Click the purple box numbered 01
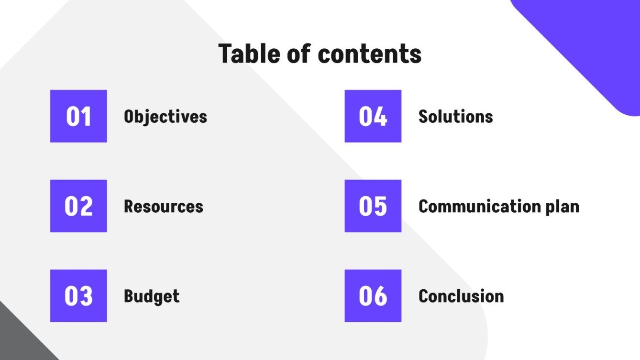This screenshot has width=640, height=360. point(78,116)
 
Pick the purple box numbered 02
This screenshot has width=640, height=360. point(78,206)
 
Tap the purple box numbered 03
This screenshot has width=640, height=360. point(78,295)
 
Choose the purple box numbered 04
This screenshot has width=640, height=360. point(373,116)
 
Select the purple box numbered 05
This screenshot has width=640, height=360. point(373,206)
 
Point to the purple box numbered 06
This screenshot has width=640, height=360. point(373,295)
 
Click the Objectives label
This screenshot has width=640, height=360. point(165,117)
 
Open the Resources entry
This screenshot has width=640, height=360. point(163,207)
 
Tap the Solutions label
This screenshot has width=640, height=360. point(455,117)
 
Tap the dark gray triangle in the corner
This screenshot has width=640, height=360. point(17,339)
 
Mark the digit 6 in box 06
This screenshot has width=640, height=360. point(380,296)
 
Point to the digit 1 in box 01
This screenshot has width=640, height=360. point(86,117)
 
